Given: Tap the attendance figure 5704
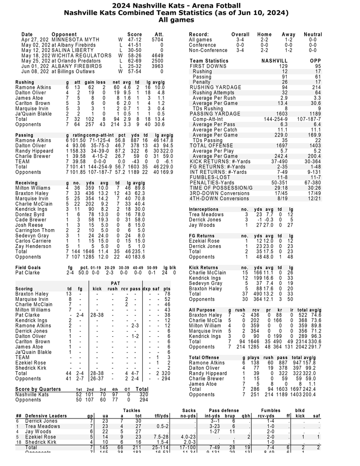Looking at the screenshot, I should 157,40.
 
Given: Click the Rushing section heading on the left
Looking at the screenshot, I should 25,83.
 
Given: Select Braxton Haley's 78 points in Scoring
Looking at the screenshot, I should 167,294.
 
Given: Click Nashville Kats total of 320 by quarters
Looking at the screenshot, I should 142,395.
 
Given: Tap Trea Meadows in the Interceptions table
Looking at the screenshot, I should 206,214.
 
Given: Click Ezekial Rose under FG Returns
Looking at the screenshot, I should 204,241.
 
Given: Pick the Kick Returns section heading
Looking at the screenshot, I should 203,267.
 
